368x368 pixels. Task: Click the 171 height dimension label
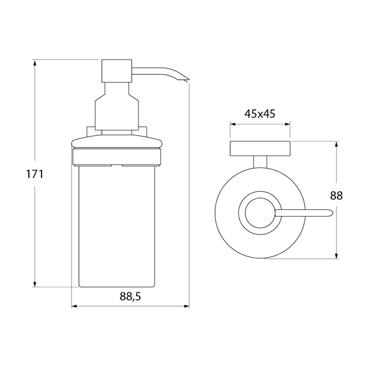35,174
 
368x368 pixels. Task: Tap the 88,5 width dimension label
130,297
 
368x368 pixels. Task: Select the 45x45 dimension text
260,114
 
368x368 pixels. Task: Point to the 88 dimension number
336,195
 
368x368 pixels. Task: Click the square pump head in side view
117,71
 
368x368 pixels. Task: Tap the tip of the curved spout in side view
188,81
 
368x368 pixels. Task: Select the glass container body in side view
118,227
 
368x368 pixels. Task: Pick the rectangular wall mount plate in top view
260,148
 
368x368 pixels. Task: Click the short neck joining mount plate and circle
260,162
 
